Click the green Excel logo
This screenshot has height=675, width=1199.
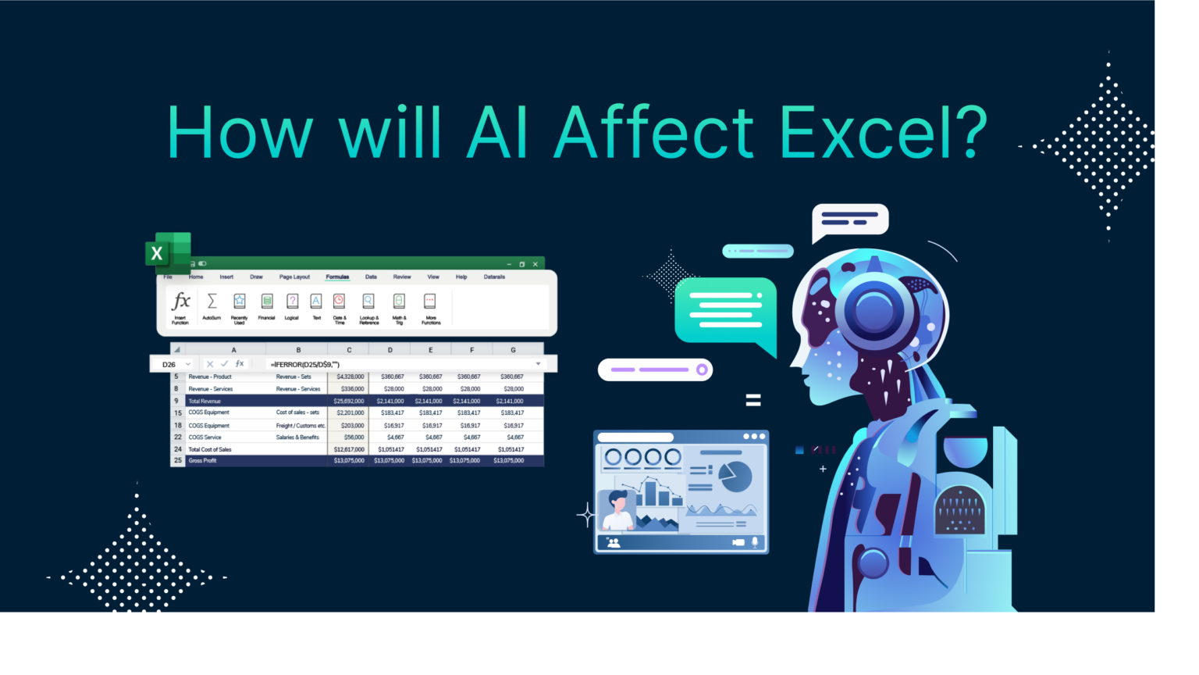167,252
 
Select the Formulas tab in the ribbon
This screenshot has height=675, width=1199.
337,277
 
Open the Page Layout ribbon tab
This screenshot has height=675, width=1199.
294,277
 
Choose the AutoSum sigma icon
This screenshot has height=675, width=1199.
212,302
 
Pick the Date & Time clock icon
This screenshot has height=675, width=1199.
340,302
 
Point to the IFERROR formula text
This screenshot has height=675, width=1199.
304,364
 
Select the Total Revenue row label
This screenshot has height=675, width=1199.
205,401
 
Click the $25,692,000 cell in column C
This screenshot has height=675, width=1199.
348,401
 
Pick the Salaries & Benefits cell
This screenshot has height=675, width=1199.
297,437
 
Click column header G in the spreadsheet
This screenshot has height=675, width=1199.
513,350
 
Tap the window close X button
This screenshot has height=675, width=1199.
535,265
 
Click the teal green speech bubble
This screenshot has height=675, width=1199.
725,311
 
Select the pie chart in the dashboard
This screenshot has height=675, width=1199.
735,477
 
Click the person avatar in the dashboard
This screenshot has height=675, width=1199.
617,512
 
